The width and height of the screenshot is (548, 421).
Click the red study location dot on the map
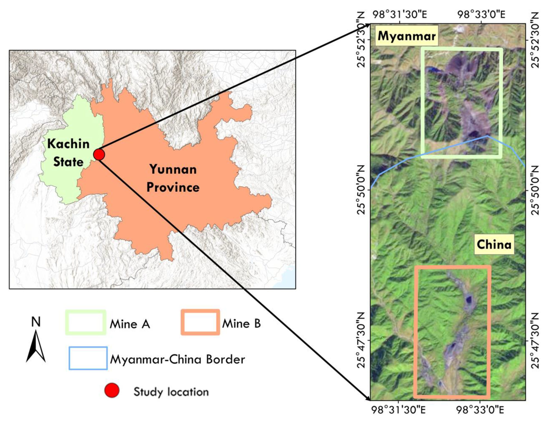point(99,154)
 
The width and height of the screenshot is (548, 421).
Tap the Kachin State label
point(68,153)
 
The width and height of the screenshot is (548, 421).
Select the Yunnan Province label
point(173,178)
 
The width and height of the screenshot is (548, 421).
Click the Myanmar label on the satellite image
point(406,36)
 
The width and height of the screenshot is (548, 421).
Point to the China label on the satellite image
point(494,244)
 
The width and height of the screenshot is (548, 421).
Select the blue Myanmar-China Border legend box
point(88,358)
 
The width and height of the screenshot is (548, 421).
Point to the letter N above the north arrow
point(36,322)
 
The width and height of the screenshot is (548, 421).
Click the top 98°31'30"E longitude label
point(400,15)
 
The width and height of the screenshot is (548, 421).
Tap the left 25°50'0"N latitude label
point(362,190)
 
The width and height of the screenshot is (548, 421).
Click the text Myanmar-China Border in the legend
point(177,359)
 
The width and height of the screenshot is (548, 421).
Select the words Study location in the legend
point(171,392)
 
